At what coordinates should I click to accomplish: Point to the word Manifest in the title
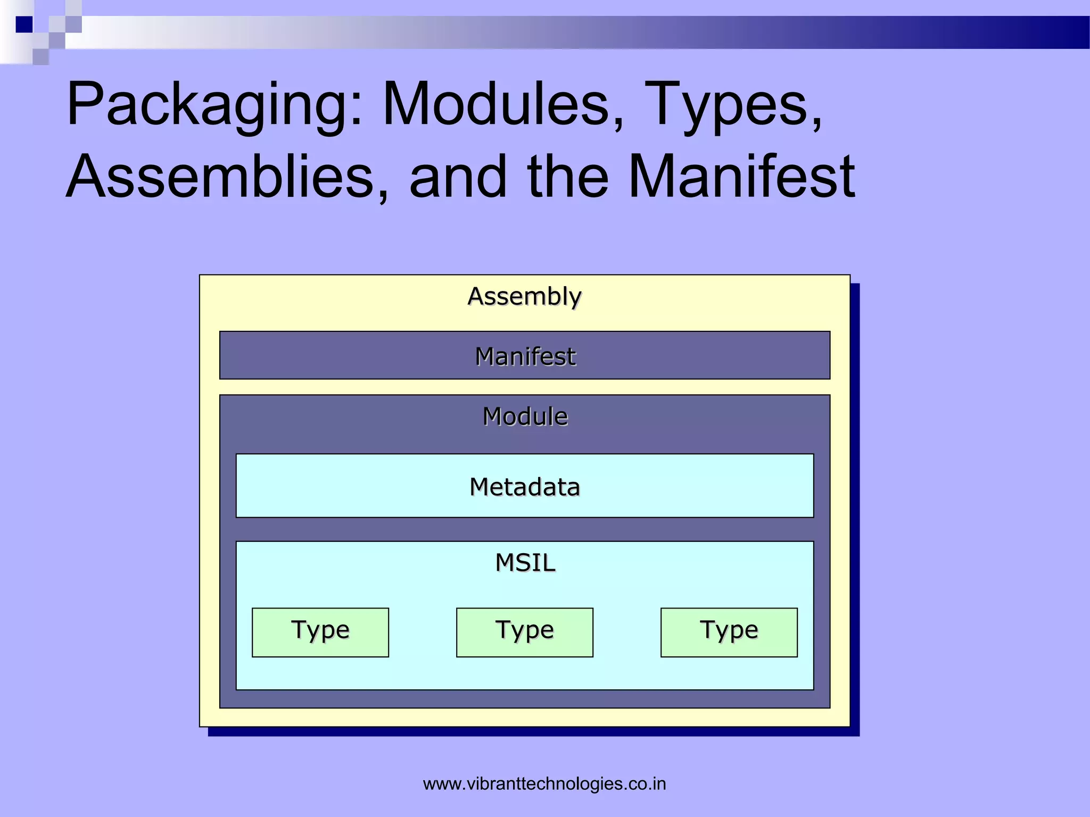click(x=742, y=177)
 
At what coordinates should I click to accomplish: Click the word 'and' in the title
click(x=458, y=177)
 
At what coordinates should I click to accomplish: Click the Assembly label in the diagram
click(x=524, y=296)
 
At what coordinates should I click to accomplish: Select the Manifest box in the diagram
click(x=524, y=355)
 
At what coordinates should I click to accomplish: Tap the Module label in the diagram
click(x=524, y=416)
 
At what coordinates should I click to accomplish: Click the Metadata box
click(x=524, y=486)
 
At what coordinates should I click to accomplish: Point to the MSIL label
click(x=525, y=563)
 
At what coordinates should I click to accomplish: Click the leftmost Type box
click(x=320, y=632)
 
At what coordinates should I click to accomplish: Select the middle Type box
click(x=524, y=632)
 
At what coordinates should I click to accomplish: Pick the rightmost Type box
click(x=729, y=632)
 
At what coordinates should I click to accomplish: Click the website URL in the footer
click(x=544, y=783)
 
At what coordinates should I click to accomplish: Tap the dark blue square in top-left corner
click(x=24, y=24)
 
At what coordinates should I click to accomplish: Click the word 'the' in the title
click(x=567, y=177)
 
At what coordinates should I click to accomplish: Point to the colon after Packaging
click(x=357, y=109)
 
